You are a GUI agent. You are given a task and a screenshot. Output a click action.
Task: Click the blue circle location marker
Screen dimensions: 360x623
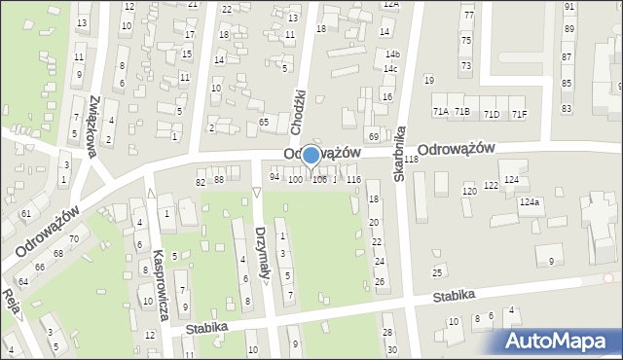click(x=311, y=155)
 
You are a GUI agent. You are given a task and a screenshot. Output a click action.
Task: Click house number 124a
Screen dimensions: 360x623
click(x=529, y=202)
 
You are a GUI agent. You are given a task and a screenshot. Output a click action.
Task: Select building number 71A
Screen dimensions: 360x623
click(x=441, y=113)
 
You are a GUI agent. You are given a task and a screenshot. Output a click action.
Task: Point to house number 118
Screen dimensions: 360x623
click(x=411, y=160)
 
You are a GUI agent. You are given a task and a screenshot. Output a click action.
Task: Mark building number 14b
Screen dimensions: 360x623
click(x=391, y=54)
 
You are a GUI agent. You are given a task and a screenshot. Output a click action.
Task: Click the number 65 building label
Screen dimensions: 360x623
click(x=264, y=122)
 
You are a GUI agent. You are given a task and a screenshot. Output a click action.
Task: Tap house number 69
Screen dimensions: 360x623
click(x=373, y=136)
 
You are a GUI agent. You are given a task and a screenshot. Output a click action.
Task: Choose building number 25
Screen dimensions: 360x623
click(x=438, y=271)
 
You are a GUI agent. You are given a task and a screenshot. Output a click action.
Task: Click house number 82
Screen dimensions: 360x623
click(x=201, y=182)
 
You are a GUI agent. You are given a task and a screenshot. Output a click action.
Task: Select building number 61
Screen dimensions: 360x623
click(x=26, y=213)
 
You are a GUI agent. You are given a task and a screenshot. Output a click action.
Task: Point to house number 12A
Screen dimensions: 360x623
click(x=390, y=4)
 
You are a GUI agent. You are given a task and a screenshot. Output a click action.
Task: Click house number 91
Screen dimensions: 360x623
click(x=568, y=6)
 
